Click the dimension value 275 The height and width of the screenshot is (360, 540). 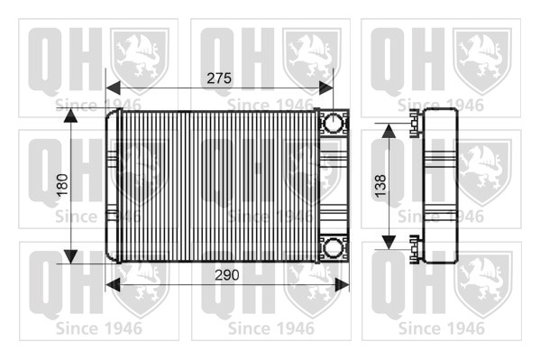tap(219, 78)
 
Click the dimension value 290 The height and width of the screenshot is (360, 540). tap(227, 275)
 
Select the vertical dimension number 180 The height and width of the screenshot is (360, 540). tap(62, 185)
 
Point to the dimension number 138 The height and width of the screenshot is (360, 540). tap(380, 186)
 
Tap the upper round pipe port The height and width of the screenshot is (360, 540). tap(334, 123)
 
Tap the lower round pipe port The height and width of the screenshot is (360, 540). tap(334, 247)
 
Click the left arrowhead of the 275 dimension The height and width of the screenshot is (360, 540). tap(113, 88)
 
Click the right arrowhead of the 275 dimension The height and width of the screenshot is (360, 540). tap(326, 88)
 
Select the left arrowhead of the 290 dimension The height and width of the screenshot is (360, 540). tap(113, 285)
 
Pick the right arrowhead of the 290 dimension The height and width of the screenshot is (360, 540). tap(342, 285)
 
